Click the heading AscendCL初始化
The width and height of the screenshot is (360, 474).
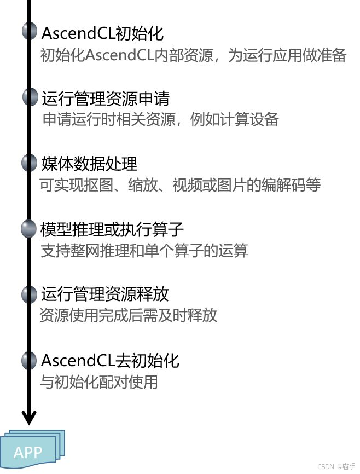[102, 33]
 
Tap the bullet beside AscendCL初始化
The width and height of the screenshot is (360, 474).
[30, 32]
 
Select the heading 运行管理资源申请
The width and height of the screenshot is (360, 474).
[105, 99]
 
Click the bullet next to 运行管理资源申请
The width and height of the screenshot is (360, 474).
[30, 97]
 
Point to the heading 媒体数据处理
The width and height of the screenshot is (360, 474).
[89, 164]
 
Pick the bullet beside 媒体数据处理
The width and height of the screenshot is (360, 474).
[29, 163]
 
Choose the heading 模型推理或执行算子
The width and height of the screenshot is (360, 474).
[112, 229]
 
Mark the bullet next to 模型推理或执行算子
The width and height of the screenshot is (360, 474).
[28, 229]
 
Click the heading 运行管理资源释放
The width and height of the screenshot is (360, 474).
[104, 294]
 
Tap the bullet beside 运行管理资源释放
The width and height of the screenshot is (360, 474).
[29, 294]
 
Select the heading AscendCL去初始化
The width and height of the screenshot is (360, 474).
[110, 361]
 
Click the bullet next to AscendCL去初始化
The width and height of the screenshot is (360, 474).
[29, 360]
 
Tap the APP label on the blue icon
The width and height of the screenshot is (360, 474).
[28, 453]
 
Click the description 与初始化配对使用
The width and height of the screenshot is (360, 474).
[99, 381]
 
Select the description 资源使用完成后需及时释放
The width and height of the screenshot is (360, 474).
[129, 316]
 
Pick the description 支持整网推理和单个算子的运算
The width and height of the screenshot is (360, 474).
[144, 251]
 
